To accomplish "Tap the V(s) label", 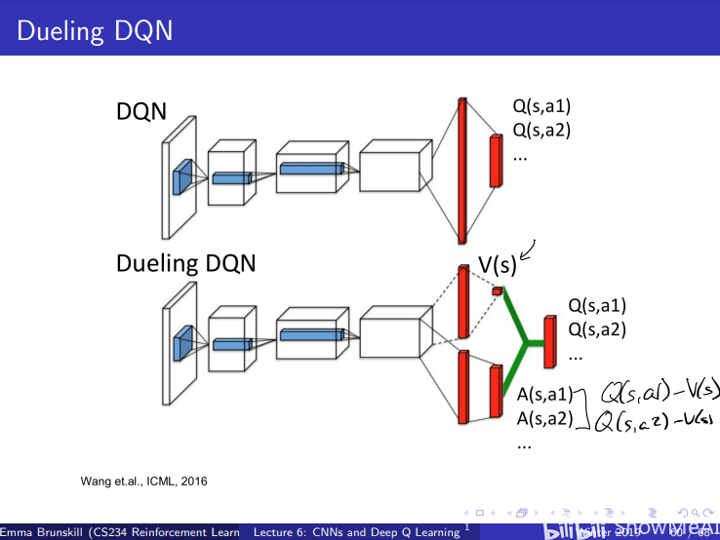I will pos(497,265).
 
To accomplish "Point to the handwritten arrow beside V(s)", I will pos(529,252).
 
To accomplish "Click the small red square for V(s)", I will pos(497,290).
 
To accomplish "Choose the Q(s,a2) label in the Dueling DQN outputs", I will pos(596,328).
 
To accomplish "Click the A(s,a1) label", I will pos(543,396).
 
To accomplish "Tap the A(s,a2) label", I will pos(543,419).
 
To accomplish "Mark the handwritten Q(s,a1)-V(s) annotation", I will pos(658,391).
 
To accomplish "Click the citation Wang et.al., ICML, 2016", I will pos(143,481).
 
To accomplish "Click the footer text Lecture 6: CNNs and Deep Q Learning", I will pos(356,532).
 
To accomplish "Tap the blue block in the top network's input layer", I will pos(181,179).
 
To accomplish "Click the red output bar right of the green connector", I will pos(549,341).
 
